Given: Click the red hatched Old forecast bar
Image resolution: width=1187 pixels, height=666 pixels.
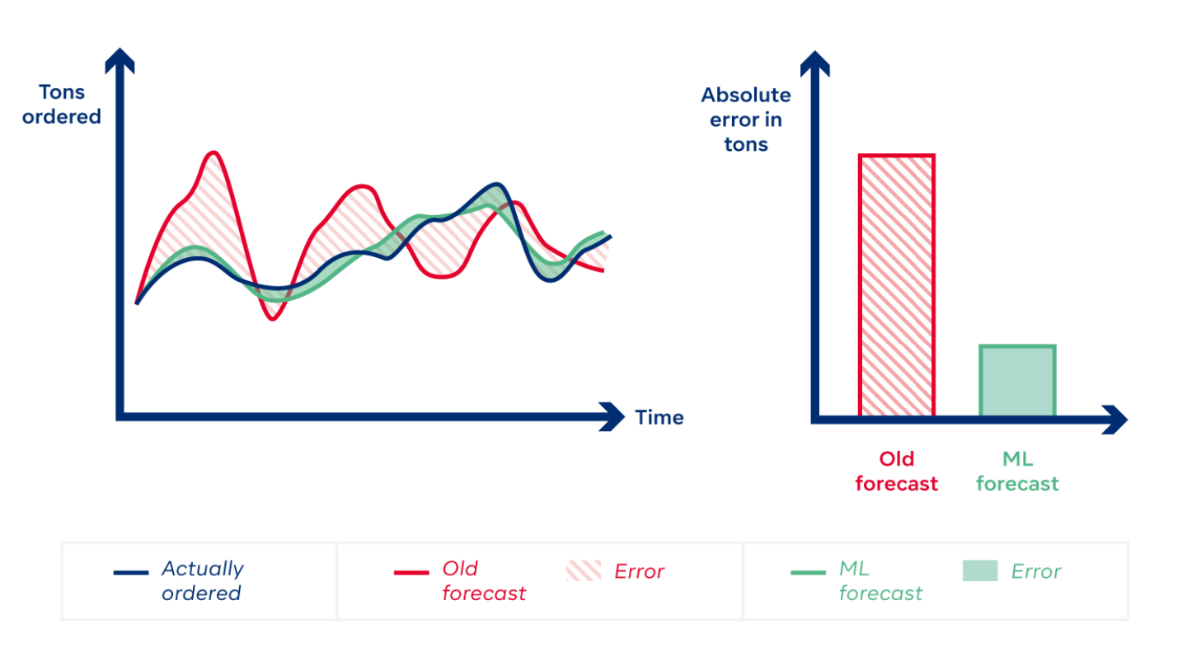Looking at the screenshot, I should (897, 284).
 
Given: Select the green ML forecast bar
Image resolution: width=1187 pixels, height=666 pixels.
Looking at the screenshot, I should (1017, 381).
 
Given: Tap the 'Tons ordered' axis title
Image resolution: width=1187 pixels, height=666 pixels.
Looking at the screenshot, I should (62, 105).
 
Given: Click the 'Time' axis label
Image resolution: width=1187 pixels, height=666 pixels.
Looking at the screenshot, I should (659, 418).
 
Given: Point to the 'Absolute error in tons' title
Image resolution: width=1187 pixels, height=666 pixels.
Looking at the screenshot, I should (746, 120).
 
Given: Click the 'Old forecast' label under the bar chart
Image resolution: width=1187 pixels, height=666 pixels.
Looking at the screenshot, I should (897, 471).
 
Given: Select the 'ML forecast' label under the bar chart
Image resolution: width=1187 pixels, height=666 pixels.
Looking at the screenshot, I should (1017, 471).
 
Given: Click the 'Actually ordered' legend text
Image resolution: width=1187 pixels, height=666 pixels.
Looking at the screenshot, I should (202, 580).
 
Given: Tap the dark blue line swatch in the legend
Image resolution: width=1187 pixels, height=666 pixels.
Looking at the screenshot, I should (131, 572).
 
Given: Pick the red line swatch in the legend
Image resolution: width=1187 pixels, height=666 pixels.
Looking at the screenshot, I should (411, 572).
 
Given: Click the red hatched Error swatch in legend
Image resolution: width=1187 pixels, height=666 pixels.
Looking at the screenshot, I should (583, 571).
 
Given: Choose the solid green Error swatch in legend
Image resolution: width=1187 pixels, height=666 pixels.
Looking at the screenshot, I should (979, 571).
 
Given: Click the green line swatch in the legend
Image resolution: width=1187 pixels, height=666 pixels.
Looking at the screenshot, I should (808, 572).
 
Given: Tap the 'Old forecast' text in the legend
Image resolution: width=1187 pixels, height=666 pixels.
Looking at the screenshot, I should (484, 580).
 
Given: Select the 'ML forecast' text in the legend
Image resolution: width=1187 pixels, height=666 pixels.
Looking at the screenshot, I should (880, 580).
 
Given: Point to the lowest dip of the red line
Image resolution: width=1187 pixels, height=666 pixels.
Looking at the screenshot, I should (274, 318).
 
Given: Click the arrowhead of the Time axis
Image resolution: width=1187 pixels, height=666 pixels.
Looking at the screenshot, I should (614, 417).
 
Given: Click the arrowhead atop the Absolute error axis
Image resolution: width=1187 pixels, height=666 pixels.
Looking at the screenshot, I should (815, 62).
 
